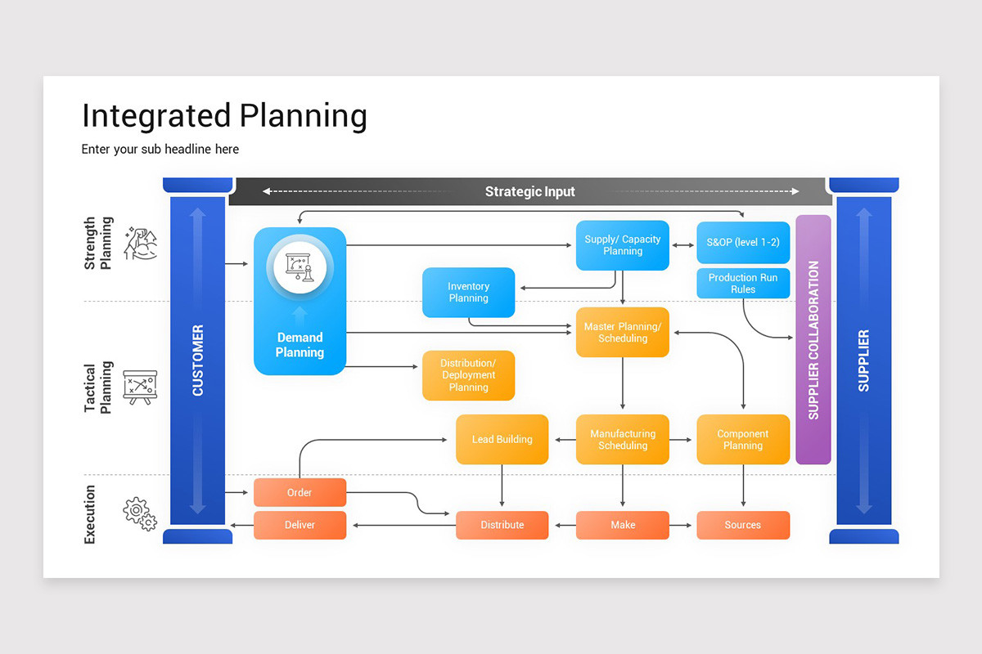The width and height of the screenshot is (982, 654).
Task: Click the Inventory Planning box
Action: [468, 293]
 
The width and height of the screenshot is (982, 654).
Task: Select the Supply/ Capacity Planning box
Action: [622, 245]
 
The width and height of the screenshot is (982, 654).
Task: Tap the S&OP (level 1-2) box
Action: [743, 243]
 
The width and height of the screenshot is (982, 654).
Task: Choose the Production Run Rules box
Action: [743, 284]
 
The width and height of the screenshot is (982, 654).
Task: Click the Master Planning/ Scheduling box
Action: [622, 333]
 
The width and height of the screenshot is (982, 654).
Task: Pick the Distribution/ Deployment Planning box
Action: [468, 375]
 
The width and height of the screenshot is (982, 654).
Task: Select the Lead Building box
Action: [502, 440]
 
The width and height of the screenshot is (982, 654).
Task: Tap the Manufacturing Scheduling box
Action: [622, 440]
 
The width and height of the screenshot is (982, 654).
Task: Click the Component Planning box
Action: [743, 440]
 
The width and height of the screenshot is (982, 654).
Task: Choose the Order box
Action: [300, 493]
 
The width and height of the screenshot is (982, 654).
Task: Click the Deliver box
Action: [300, 525]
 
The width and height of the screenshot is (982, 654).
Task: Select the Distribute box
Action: [502, 525]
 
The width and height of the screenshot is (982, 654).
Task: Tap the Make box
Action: [622, 525]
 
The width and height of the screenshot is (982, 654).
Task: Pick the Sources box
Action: [743, 525]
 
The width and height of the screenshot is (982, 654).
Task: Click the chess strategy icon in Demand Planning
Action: [300, 265]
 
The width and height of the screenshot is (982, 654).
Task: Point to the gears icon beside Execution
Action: [139, 513]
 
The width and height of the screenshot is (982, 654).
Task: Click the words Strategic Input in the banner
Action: [529, 192]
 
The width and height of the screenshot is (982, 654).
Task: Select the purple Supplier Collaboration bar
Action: [813, 339]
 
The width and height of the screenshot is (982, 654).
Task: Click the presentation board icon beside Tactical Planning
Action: [139, 386]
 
